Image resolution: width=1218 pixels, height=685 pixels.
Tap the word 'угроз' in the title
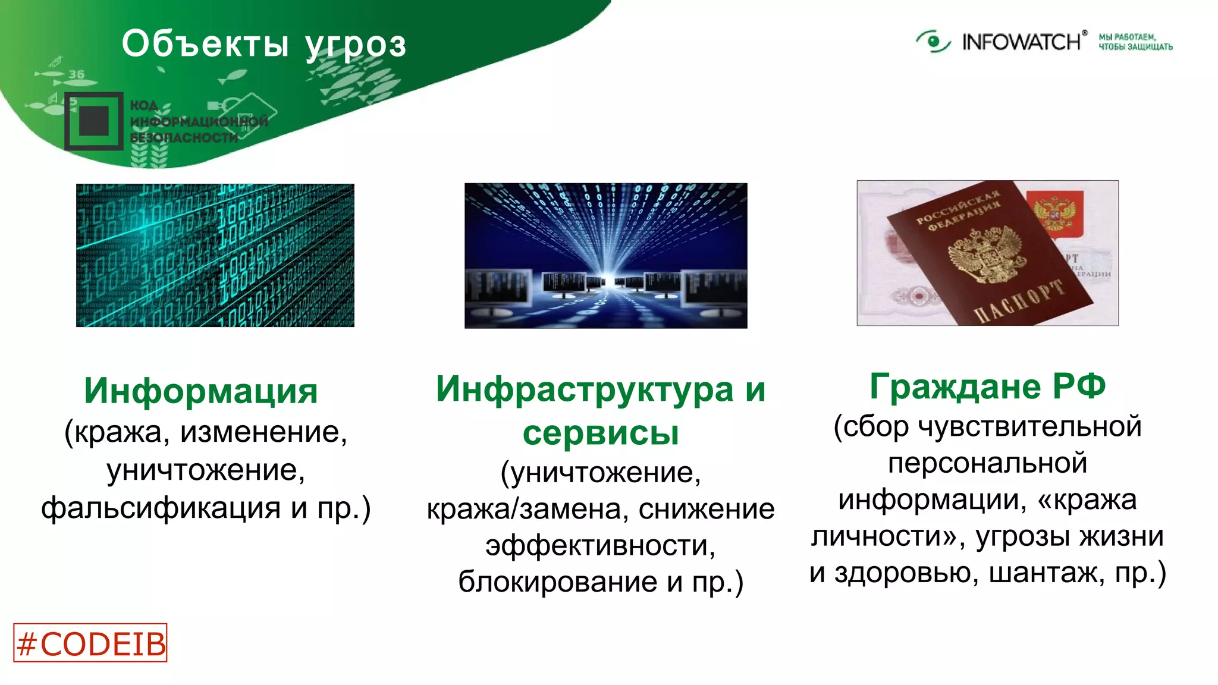(356, 45)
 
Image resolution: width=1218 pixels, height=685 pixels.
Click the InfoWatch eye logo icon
(933, 42)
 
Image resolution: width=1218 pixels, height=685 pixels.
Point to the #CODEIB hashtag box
(90, 643)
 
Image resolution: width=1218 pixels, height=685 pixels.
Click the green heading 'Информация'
(201, 391)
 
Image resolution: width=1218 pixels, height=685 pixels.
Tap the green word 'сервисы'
(601, 432)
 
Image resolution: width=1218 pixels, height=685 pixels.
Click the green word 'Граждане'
(955, 386)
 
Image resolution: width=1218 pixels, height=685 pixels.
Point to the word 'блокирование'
(557, 581)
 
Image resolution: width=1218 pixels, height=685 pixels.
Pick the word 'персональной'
(987, 463)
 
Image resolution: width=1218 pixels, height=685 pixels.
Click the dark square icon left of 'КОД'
(94, 121)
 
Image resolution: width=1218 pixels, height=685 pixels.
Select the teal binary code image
(215, 255)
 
